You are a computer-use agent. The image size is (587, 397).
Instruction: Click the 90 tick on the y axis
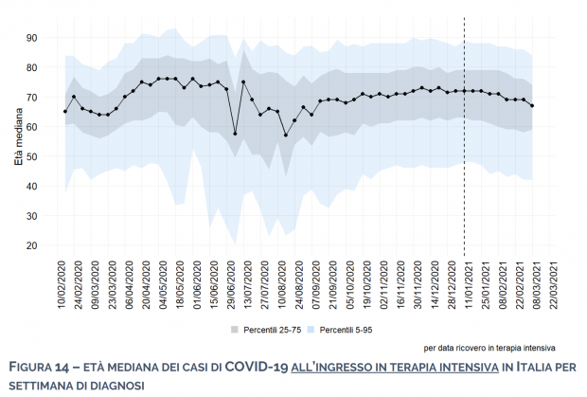point(30,38)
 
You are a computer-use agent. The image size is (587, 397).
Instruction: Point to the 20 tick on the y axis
point(30,245)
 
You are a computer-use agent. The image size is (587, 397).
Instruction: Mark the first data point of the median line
point(65,112)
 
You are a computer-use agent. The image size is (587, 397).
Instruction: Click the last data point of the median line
point(532,106)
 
